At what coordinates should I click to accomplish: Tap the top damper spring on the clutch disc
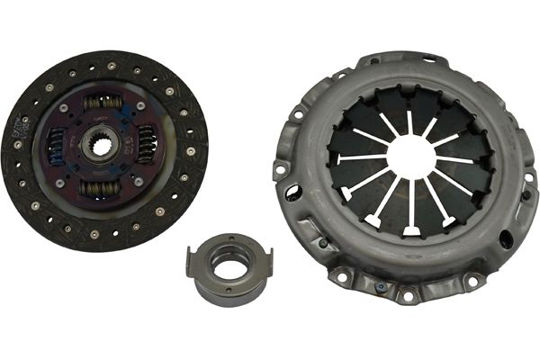pyautogui.click(x=103, y=103)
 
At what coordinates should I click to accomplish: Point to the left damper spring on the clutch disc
pyautogui.click(x=56, y=141)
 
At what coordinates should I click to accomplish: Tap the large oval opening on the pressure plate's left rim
pyautogui.click(x=293, y=192)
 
